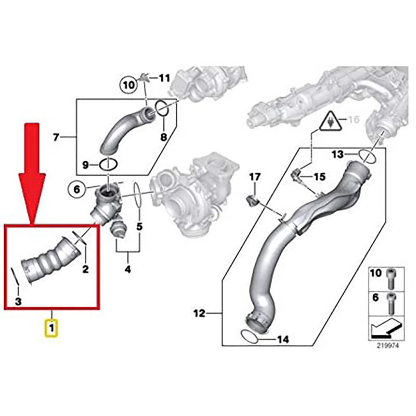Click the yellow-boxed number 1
pos(52,329)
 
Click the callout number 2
pos(85,269)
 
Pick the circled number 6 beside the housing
pos(76,190)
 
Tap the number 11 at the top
pos(164,79)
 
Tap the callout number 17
pos(254,178)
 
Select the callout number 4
pos(127,269)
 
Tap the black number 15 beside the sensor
pos(319,177)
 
